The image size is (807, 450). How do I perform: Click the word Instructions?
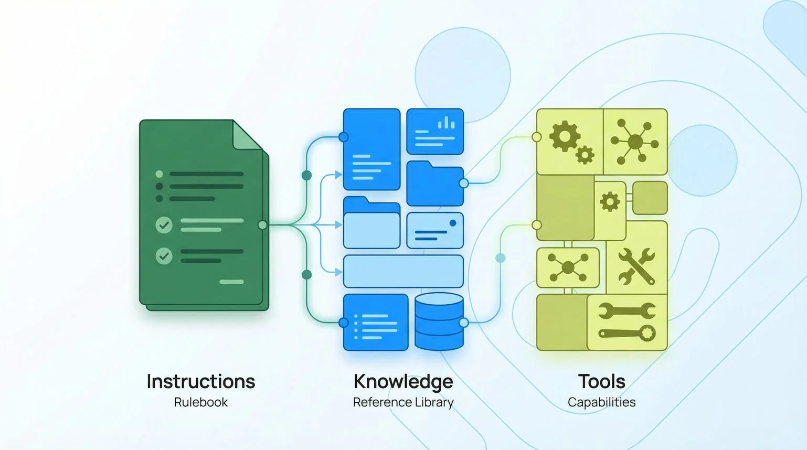200,381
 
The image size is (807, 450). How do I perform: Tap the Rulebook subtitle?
200,402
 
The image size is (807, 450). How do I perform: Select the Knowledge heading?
403,381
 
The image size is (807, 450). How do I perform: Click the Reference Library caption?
403,402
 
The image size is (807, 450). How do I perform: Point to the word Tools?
601,381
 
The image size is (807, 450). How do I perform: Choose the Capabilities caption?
601,402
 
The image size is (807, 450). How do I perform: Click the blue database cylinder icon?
439,321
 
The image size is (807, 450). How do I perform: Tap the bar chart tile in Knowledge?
435,131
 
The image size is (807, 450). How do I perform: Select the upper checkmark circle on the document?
164,225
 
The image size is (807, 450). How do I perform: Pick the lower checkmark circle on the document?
164,256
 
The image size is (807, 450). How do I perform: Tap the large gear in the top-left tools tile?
564,135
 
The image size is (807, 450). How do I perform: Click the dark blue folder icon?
434,184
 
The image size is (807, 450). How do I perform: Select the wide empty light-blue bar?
403,271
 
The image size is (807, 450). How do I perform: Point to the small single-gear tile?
610,202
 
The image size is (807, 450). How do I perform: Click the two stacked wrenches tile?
627,322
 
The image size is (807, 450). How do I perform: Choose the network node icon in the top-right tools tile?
635,142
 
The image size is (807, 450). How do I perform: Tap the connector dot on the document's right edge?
262,225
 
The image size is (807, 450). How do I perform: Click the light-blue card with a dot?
434,230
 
